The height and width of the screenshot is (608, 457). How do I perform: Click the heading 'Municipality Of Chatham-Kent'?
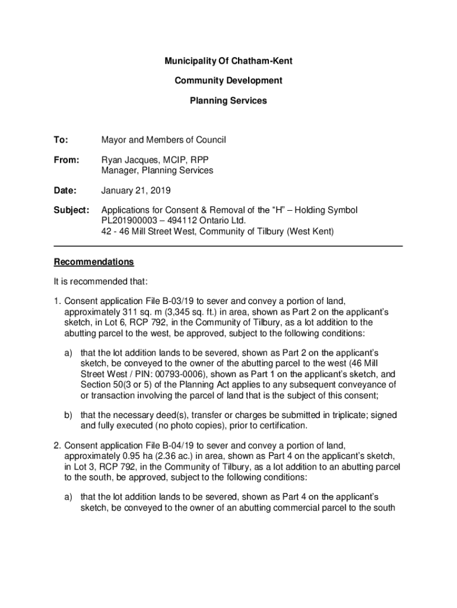click(228, 61)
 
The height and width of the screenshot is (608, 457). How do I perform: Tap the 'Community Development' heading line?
click(228, 81)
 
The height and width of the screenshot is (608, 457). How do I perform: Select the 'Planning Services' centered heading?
click(228, 101)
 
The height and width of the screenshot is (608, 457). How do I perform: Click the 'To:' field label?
click(61, 140)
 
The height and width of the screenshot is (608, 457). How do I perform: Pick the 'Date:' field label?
click(65, 191)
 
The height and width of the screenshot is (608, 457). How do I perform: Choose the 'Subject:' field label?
click(71, 211)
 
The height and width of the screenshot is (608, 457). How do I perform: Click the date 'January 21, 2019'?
click(135, 191)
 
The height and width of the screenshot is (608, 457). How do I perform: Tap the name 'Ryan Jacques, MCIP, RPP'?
click(155, 160)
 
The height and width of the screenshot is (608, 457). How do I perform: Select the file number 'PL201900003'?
click(131, 221)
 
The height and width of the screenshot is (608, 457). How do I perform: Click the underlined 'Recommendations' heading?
click(94, 262)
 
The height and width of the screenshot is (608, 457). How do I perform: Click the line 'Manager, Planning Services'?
click(157, 170)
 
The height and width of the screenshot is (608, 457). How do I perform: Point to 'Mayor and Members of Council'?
click(164, 140)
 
